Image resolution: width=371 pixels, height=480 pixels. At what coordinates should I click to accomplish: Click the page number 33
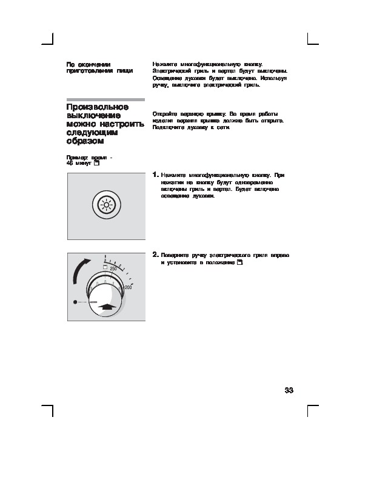[x=289, y=390]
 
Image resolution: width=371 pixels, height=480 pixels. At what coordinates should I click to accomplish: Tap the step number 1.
[x=156, y=175]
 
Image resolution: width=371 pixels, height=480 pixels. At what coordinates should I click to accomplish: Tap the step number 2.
[x=156, y=255]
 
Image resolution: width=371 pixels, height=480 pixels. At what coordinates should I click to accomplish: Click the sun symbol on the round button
[x=107, y=205]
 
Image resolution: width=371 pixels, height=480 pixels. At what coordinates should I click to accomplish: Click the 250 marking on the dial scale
[x=113, y=268]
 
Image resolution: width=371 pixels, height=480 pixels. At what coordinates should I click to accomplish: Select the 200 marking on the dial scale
[x=127, y=287]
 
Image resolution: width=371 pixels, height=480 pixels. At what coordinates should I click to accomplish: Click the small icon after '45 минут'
[x=97, y=164]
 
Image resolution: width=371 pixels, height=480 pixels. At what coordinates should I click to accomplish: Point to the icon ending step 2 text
[x=239, y=264]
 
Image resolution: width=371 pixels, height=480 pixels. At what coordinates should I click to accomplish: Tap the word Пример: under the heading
[x=76, y=158]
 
